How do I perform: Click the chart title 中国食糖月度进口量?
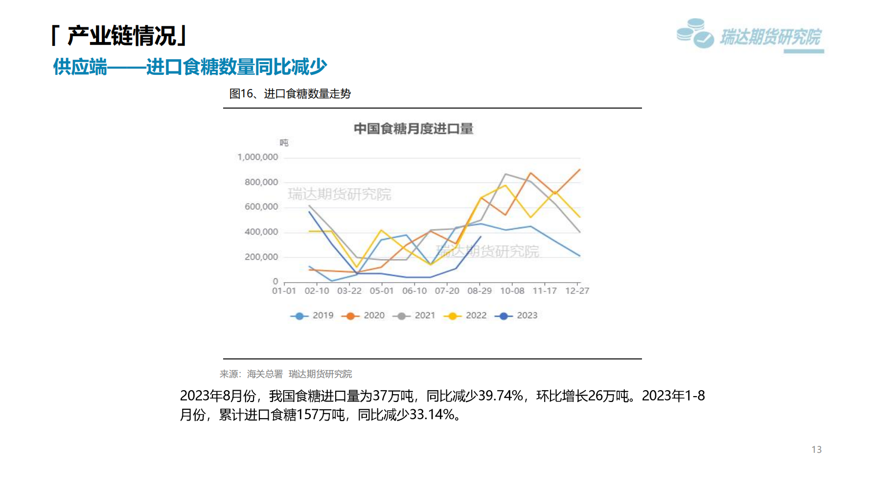[x=413, y=129]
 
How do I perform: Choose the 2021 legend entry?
[x=414, y=316]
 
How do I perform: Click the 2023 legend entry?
[x=517, y=316]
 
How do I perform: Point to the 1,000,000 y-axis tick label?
[x=257, y=157]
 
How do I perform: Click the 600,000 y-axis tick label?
[x=261, y=207]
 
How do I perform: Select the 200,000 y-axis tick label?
[x=261, y=257]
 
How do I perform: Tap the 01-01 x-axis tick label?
[x=284, y=291]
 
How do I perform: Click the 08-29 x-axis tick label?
[x=480, y=291]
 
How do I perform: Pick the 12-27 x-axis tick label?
[x=577, y=291]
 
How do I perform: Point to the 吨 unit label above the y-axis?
[x=284, y=143]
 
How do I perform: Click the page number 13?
[x=816, y=449]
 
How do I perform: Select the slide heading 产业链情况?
[x=121, y=36]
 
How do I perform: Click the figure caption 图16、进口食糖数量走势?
[x=290, y=93]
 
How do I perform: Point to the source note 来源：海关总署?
[x=251, y=374]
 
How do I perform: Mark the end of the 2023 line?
[x=481, y=237]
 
